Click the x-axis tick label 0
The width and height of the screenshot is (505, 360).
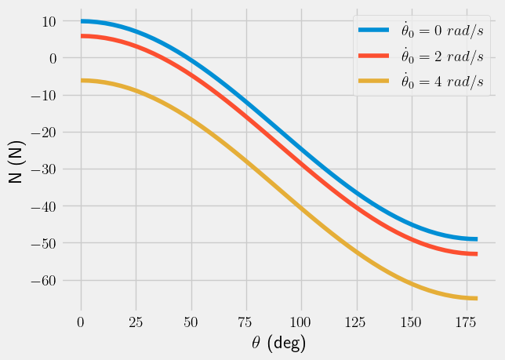[x=81, y=322]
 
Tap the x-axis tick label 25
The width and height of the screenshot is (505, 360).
[x=136, y=322]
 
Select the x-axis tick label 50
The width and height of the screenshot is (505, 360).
[x=191, y=322]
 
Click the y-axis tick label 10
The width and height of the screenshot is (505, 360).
[x=49, y=21]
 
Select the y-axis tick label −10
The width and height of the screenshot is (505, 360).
[x=44, y=96]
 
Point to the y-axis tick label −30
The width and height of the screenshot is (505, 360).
[x=44, y=169]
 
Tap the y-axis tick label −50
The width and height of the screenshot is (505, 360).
[x=44, y=243]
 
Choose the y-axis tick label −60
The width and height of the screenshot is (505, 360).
[x=44, y=280]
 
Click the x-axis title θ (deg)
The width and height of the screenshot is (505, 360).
[x=274, y=343]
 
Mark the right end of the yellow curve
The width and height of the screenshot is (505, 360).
[x=476, y=298]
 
